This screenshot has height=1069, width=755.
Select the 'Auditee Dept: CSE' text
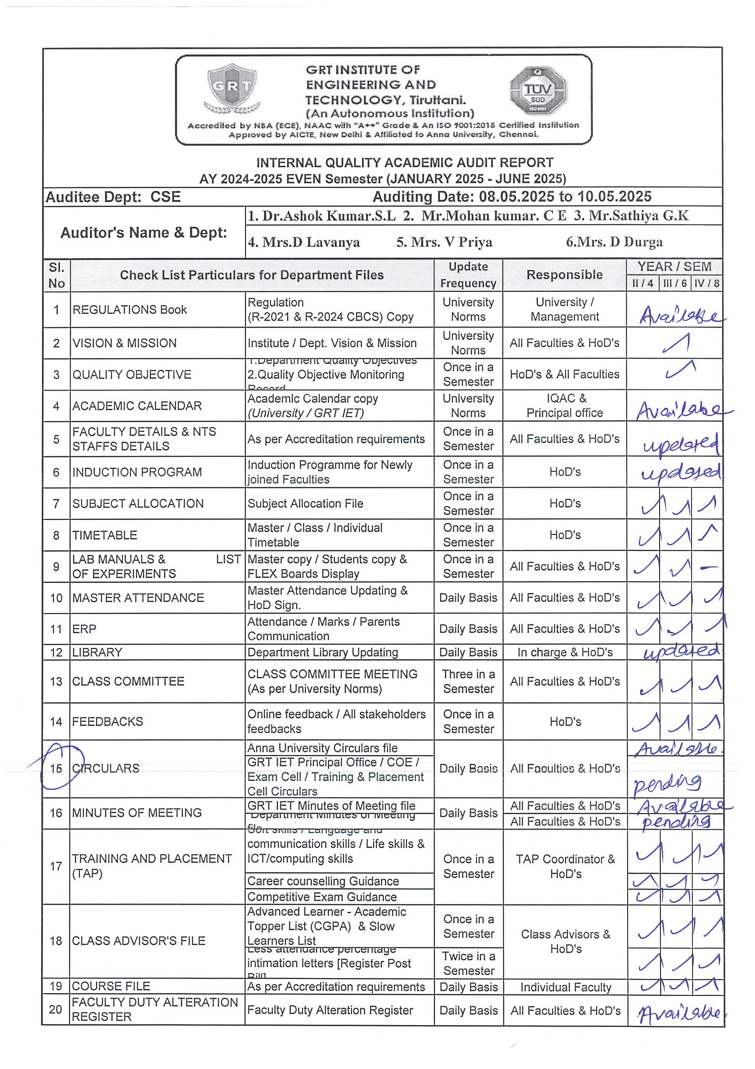(x=113, y=197)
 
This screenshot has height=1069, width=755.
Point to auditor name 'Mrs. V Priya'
(x=444, y=242)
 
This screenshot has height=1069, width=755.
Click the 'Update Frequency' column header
(x=468, y=275)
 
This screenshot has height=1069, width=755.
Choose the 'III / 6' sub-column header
(x=675, y=283)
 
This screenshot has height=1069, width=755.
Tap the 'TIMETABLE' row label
(x=105, y=535)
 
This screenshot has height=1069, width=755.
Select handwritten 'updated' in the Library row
(x=682, y=651)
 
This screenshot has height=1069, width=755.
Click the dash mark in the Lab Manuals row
(x=708, y=567)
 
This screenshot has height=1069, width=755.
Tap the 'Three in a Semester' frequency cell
(x=468, y=681)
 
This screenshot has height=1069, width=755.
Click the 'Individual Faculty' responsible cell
(x=565, y=987)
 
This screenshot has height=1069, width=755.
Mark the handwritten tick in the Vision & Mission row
(x=676, y=344)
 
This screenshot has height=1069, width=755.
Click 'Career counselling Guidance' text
(x=323, y=881)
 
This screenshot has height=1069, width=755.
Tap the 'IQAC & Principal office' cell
(x=564, y=406)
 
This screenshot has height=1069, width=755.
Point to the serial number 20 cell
(x=56, y=1009)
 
